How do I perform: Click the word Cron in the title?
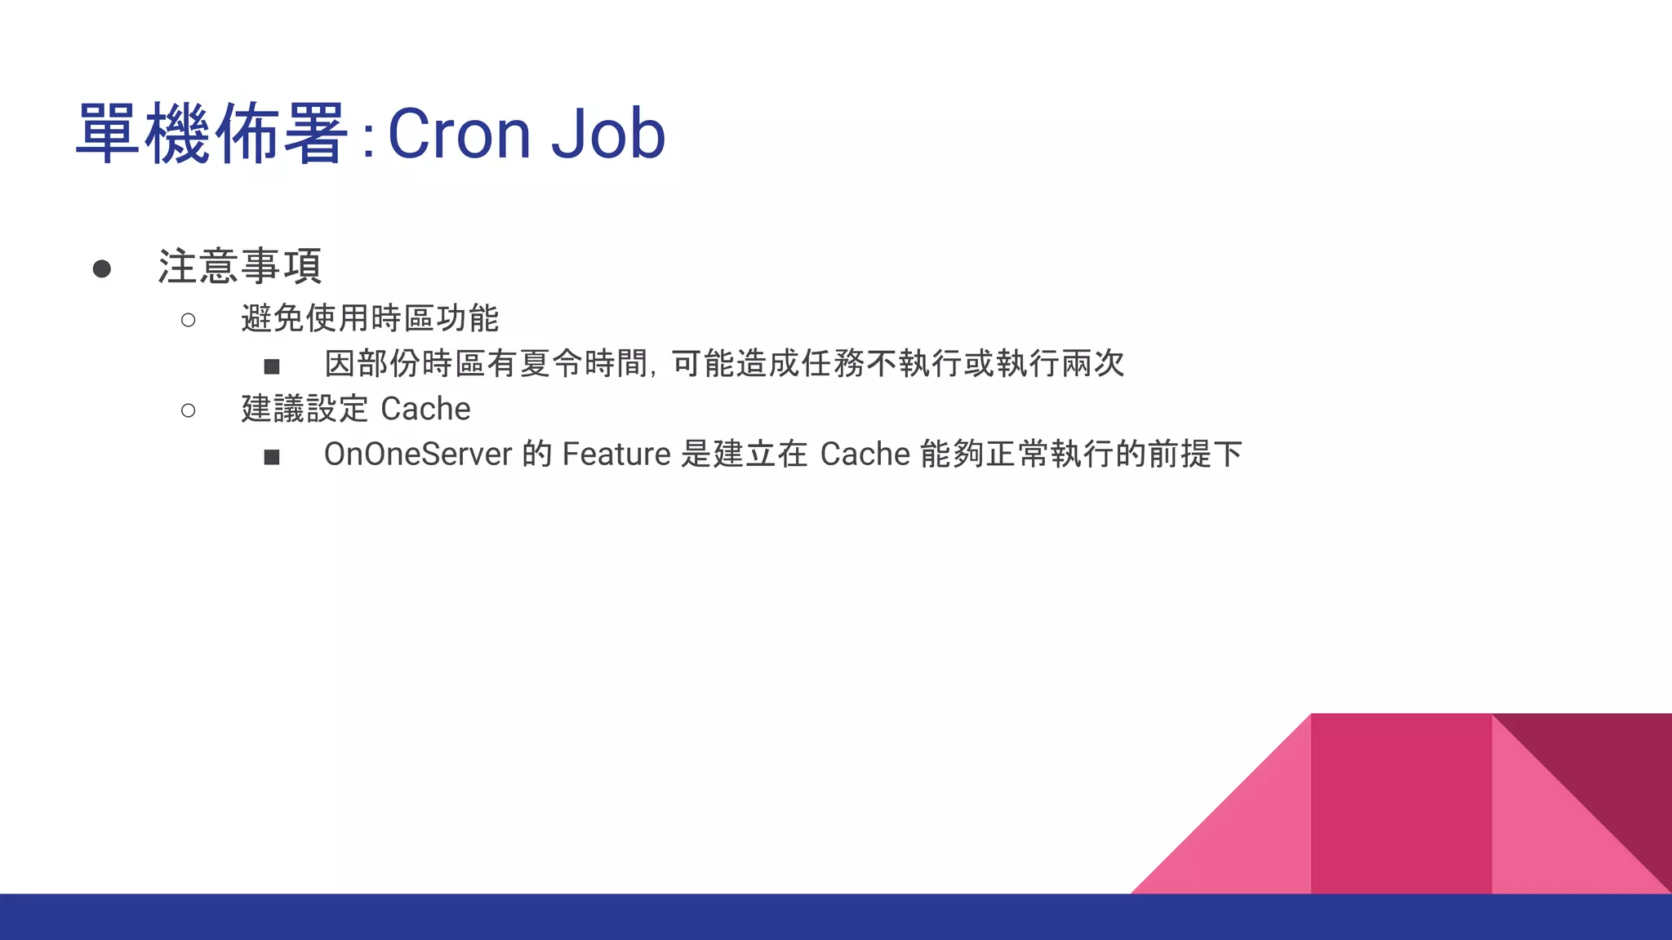(x=459, y=134)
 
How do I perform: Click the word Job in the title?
(x=608, y=134)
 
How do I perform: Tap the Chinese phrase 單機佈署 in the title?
(x=212, y=134)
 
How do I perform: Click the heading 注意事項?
(x=240, y=267)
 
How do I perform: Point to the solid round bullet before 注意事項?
(x=102, y=268)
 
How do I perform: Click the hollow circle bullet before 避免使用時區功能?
(x=189, y=320)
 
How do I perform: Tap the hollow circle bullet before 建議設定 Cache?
(x=189, y=410)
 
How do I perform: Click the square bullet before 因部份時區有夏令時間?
(x=272, y=366)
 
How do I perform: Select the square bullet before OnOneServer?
(x=272, y=457)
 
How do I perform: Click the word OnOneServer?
(x=418, y=454)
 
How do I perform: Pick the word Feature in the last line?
(x=616, y=454)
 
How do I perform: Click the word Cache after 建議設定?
(x=425, y=409)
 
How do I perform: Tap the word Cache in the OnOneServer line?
(x=865, y=454)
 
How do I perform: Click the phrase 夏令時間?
(x=584, y=363)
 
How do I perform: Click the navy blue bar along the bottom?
(x=836, y=917)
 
